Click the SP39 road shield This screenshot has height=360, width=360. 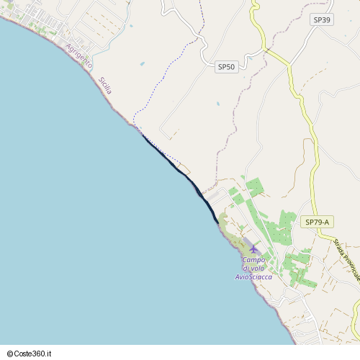[322, 19]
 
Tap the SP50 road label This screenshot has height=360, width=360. [226, 67]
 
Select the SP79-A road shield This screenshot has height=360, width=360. [317, 222]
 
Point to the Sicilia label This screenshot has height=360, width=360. [105, 85]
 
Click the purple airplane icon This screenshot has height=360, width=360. [253, 249]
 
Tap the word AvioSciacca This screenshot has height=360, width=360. [254, 276]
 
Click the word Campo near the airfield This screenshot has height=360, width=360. [254, 259]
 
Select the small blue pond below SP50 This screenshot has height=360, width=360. [217, 103]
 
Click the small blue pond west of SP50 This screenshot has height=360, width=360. [142, 63]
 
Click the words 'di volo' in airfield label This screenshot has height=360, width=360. [254, 268]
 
